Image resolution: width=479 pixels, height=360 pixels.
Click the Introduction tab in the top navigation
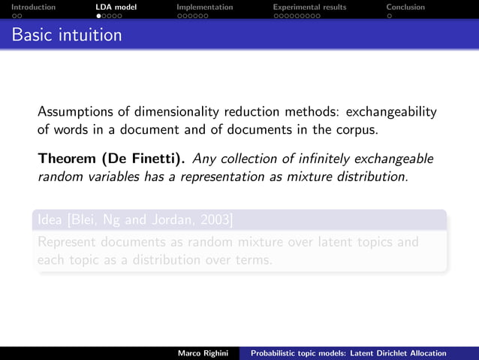point(28,7)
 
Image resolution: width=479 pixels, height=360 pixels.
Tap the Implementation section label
point(204,7)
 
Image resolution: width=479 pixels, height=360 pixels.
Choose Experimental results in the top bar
point(309,7)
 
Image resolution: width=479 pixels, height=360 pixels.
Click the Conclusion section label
point(405,7)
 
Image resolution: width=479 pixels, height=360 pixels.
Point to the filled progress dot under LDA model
point(98,15)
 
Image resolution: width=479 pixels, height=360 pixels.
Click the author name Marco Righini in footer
point(203,353)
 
